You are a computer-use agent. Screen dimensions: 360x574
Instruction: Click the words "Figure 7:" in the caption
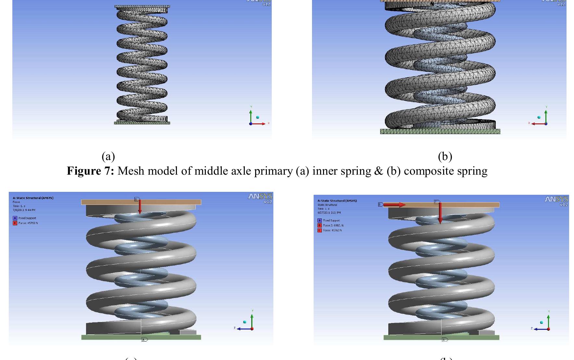[x=90, y=171]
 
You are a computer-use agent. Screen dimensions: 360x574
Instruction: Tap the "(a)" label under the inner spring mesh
[x=108, y=156]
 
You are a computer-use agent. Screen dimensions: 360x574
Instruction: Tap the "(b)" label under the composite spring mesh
[x=445, y=156]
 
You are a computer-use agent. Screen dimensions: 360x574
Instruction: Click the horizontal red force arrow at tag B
[x=394, y=205]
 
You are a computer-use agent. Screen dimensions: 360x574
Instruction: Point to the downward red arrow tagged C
[x=440, y=213]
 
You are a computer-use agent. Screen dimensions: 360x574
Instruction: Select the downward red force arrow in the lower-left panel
[x=140, y=206]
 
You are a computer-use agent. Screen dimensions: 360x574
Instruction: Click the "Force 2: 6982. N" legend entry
[x=333, y=225]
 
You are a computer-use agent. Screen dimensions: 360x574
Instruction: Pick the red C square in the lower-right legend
[x=319, y=230]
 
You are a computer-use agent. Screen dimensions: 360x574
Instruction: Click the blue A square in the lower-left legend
[x=15, y=218]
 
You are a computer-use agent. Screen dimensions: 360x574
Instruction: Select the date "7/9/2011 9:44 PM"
[x=24, y=210]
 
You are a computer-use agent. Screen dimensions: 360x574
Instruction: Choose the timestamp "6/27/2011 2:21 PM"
[x=329, y=213]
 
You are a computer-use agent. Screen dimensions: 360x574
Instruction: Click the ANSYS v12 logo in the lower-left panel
[x=260, y=198]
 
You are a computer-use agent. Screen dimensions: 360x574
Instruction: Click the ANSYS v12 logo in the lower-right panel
[x=556, y=201]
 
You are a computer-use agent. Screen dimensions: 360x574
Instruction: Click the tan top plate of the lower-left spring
[x=141, y=202]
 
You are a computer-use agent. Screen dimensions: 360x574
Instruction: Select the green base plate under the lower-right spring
[x=441, y=338]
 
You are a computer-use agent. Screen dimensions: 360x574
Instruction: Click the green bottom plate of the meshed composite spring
[x=440, y=131]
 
